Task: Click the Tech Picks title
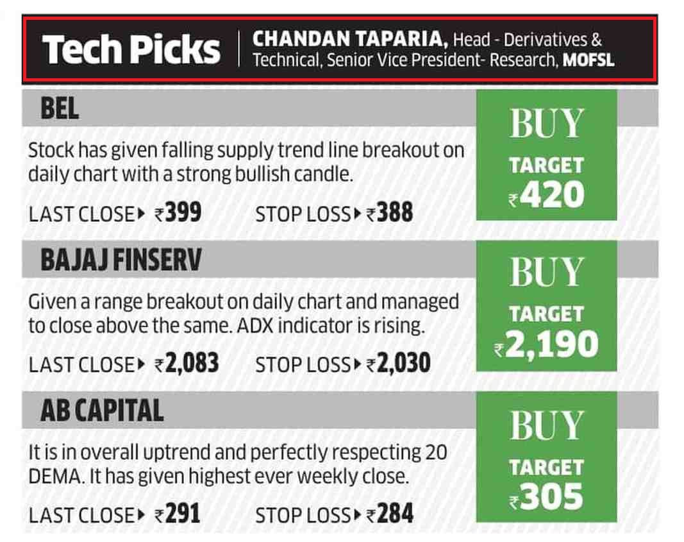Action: pos(131,49)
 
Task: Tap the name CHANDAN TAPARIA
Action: pos(350,39)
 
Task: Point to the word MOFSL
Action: pos(588,60)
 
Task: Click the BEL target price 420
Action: pos(552,195)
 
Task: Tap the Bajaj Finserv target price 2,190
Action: pos(551,345)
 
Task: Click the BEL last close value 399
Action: pos(183,213)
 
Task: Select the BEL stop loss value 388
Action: pos(394,213)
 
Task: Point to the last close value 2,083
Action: pos(192,364)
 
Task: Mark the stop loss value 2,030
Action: pos(403,364)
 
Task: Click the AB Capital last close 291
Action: pos(182,514)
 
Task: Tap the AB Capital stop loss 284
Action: pos(395,514)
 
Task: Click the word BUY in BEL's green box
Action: pos(547,123)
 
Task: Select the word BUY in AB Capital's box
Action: pos(547,425)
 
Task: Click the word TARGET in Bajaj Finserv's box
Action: pos(547,314)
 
